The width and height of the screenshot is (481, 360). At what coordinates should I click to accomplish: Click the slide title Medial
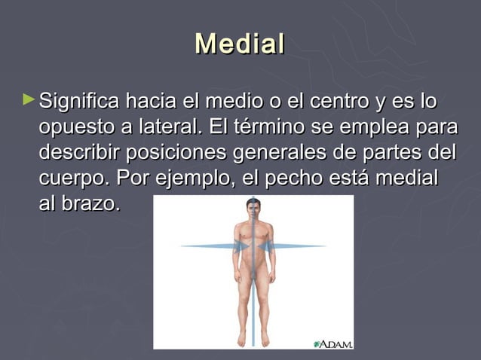(x=240, y=43)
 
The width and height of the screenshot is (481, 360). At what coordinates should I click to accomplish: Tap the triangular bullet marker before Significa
(x=29, y=99)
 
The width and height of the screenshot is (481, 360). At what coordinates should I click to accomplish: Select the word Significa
(x=79, y=101)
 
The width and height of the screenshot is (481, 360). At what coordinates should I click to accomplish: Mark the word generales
(x=287, y=153)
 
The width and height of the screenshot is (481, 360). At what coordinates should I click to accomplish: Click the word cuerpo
(x=73, y=179)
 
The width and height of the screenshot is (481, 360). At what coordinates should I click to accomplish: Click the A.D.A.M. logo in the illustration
(x=332, y=343)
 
